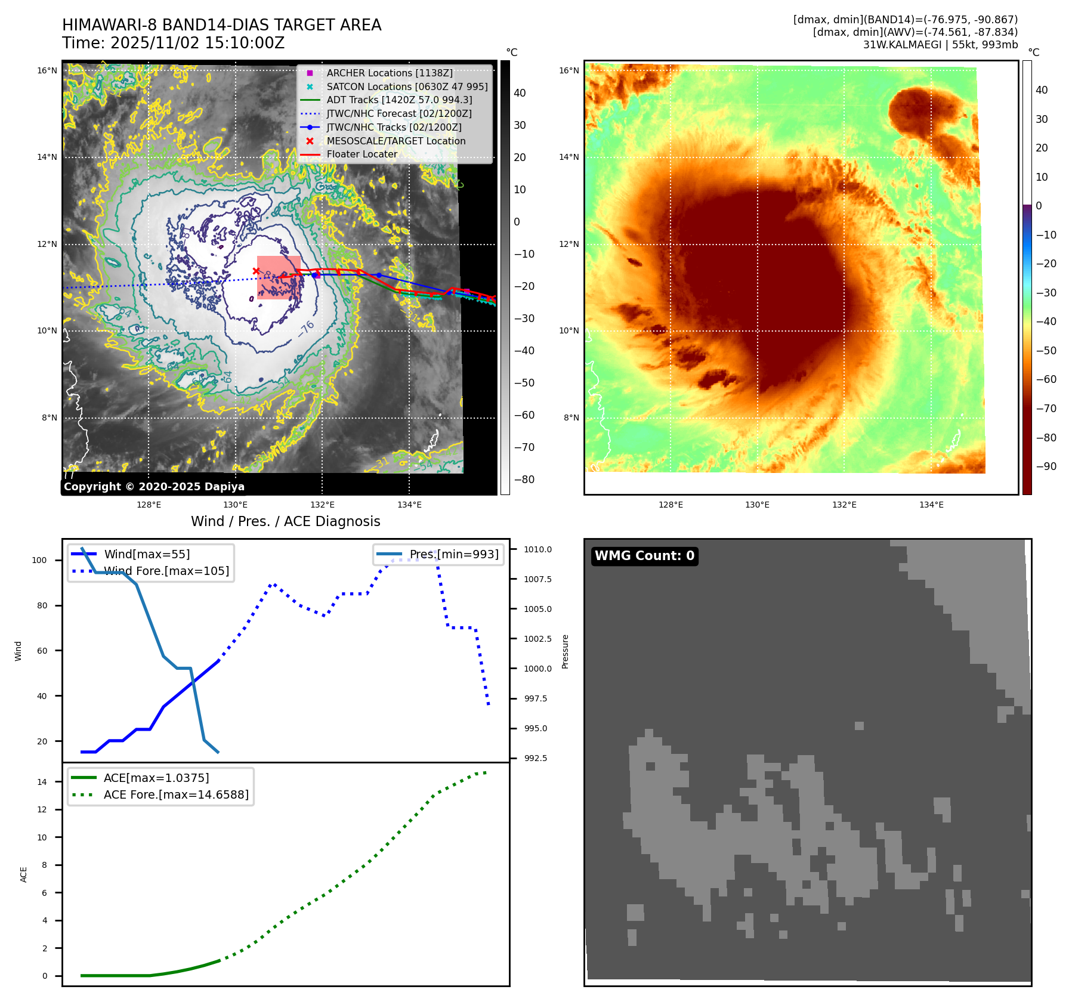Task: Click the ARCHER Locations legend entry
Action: pos(389,73)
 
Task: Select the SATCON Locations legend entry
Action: pos(407,86)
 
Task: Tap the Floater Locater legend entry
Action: pos(362,154)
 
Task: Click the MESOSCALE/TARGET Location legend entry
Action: pos(396,141)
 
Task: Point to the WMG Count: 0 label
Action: pos(644,556)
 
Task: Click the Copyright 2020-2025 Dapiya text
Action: pos(154,487)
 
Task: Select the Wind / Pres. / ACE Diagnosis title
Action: pos(285,521)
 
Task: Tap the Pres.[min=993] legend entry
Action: pos(453,554)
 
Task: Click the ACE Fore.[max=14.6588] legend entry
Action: pos(176,794)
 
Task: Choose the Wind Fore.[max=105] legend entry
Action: pos(166,571)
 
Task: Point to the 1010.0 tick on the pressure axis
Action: pos(537,549)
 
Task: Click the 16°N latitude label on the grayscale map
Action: pos(47,70)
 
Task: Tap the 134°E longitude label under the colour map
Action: pos(931,505)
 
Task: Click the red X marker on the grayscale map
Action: pos(256,271)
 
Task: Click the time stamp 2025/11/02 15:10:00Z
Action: pos(197,44)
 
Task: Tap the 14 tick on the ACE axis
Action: pos(42,782)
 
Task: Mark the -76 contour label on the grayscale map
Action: pos(306,329)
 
